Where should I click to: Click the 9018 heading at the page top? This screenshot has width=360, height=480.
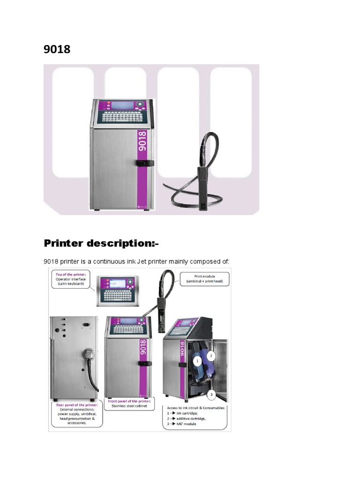tap(57, 49)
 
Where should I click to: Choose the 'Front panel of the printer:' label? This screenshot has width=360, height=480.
tap(129, 402)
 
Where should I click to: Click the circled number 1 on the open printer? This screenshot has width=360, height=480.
tap(197, 361)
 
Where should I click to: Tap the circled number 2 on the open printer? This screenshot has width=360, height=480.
tap(211, 356)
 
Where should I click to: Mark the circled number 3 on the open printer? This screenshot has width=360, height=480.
tap(211, 395)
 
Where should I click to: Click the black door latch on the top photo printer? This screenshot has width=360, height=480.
tap(145, 163)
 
